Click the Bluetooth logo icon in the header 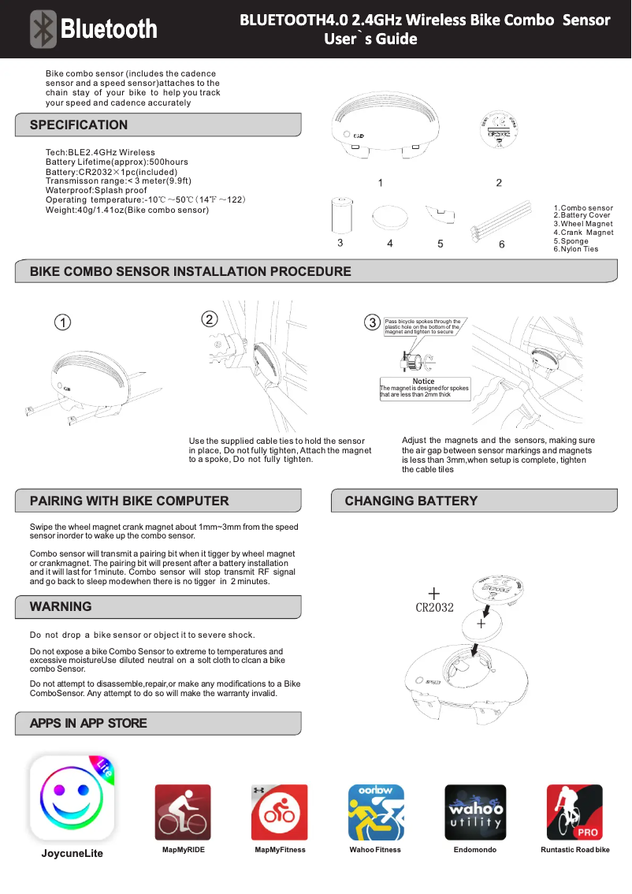[x=44, y=29]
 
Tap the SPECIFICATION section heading [x=79, y=125]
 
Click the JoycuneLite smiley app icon [x=72, y=799]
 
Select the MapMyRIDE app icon [x=183, y=813]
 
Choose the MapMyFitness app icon [x=279, y=813]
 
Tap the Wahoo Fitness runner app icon [x=376, y=813]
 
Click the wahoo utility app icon [x=475, y=813]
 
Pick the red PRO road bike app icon [x=574, y=813]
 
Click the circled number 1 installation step [x=62, y=322]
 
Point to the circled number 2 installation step [x=209, y=318]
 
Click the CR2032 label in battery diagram [x=434, y=607]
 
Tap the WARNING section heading [x=61, y=606]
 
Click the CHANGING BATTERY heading [x=411, y=501]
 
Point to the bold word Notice [x=423, y=382]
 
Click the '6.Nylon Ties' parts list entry [x=575, y=249]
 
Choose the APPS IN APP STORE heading [x=88, y=723]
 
